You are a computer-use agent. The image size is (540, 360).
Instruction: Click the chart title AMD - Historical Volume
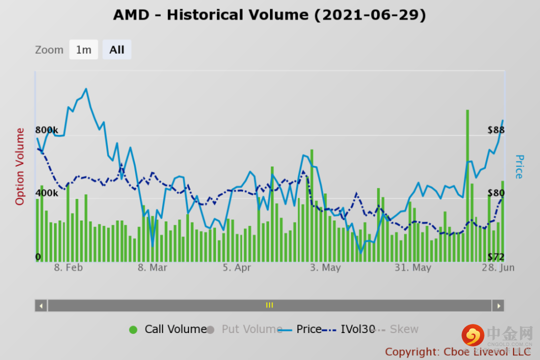click(269, 15)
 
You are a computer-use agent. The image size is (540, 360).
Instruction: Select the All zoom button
click(117, 49)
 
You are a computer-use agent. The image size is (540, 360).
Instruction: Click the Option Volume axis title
click(20, 166)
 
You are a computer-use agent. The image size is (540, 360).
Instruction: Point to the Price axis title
click(519, 166)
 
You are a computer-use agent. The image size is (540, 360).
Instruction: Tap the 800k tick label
click(46, 130)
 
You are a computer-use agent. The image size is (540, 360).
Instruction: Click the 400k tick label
click(46, 193)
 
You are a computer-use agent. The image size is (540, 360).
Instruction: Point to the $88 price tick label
click(496, 130)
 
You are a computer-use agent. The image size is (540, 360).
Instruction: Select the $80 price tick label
click(496, 193)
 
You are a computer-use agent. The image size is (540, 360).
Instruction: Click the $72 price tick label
click(496, 257)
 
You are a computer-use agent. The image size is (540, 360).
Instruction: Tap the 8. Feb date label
click(68, 267)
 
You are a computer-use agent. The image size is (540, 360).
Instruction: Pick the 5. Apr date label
click(236, 267)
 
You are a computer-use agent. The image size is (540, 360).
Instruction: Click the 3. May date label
click(325, 267)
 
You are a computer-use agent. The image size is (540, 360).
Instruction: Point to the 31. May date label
click(412, 267)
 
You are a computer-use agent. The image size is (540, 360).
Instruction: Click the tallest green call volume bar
click(467, 185)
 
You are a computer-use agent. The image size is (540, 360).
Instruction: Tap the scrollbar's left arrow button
click(41, 305)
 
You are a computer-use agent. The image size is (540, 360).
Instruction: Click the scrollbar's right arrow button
click(498, 305)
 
